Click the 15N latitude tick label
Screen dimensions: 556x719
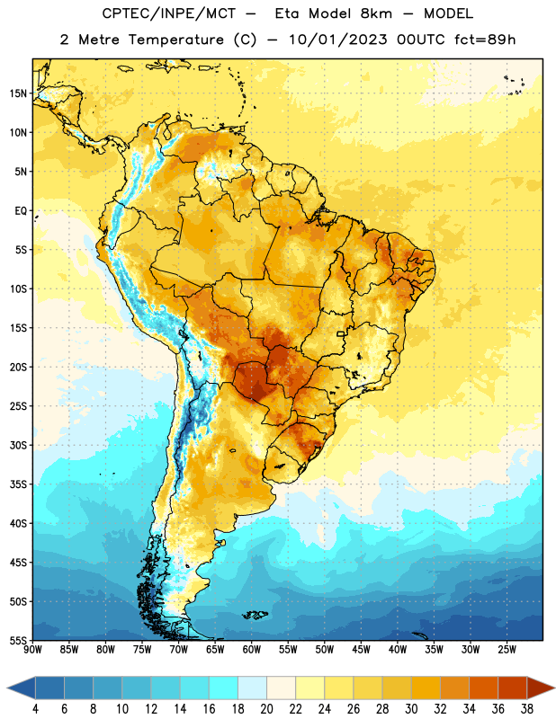(18, 93)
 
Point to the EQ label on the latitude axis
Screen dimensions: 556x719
(21, 211)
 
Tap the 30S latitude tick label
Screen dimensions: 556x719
(18, 445)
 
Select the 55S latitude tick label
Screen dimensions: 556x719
(18, 641)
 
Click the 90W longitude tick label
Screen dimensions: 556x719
(32, 649)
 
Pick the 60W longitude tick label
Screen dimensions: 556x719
(252, 649)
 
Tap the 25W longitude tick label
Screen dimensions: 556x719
(507, 649)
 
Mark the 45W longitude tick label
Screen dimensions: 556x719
(361, 649)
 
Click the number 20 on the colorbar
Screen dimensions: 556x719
(266, 709)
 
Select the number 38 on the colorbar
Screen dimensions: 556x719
(527, 709)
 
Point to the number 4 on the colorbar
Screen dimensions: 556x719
(35, 709)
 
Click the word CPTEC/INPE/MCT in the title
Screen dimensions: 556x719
(168, 13)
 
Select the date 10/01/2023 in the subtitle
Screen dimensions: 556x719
(338, 40)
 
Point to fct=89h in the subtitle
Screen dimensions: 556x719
(485, 40)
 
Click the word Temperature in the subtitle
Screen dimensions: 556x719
(175, 40)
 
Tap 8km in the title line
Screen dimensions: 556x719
(376, 13)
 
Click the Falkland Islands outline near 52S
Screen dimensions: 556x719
(256, 615)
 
